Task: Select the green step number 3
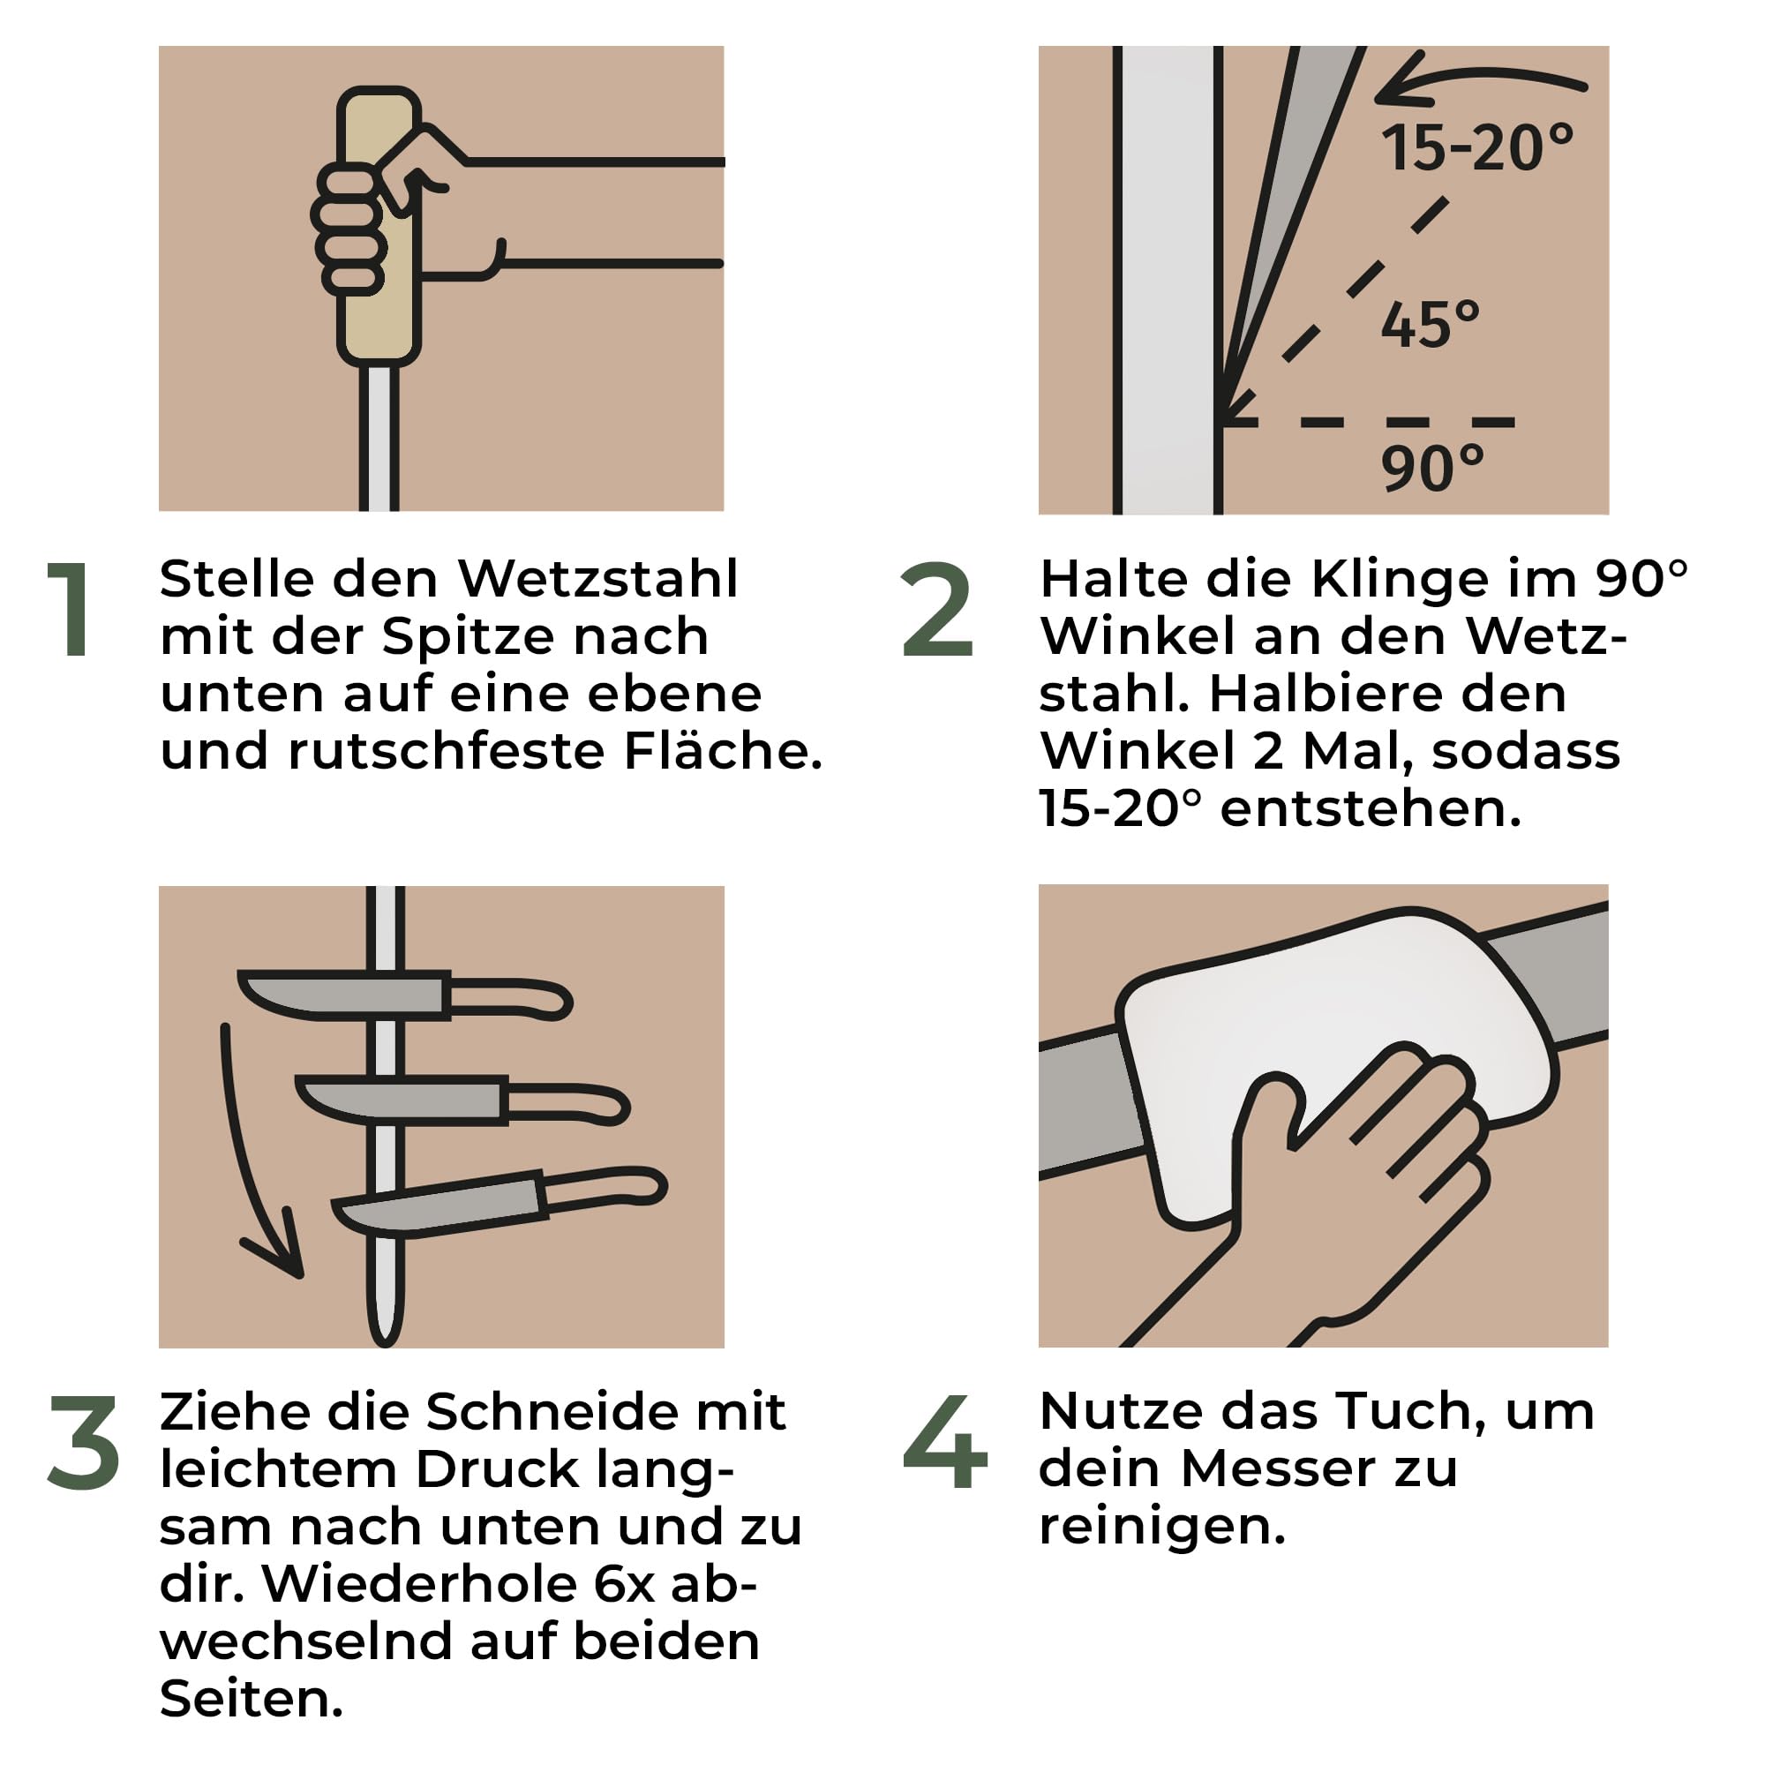click(83, 1443)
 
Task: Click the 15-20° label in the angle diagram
click(1476, 148)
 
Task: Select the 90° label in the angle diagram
click(1431, 468)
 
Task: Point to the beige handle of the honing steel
click(378, 311)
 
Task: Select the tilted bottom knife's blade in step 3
click(439, 1209)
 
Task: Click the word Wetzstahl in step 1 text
click(597, 579)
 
